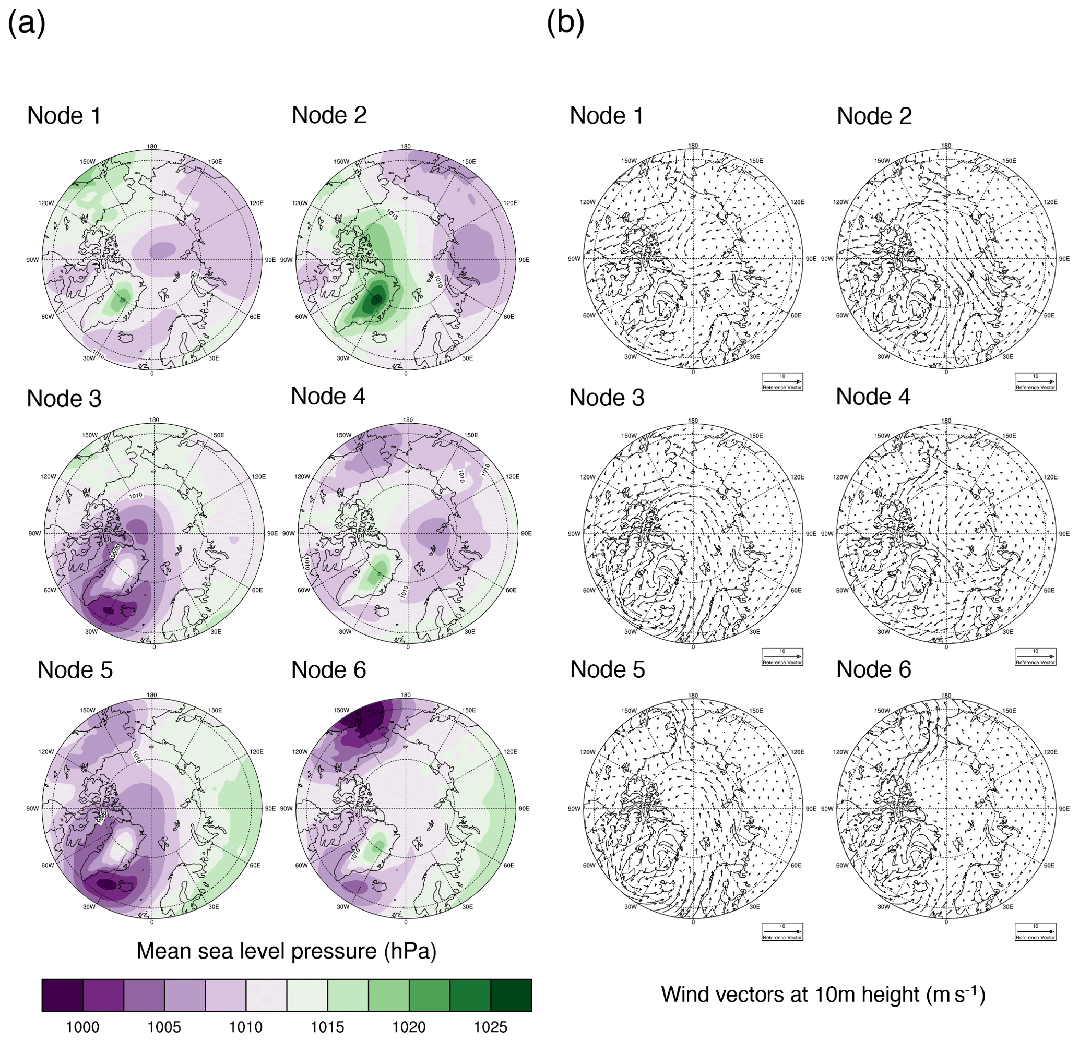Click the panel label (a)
(26, 24)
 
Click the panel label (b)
(565, 24)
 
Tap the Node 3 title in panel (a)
(64, 399)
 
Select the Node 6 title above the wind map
(874, 669)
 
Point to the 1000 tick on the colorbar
(82, 1027)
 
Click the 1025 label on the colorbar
(491, 1027)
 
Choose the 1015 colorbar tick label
(327, 1027)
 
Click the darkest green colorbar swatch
(511, 995)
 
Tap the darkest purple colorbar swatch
(62, 995)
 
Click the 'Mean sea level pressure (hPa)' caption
(286, 951)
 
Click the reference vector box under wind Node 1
(782, 382)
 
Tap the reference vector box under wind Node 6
(1035, 931)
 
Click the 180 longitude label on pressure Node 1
(152, 146)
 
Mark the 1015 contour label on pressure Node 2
(392, 214)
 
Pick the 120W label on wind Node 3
(587, 477)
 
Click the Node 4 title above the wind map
(873, 397)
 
